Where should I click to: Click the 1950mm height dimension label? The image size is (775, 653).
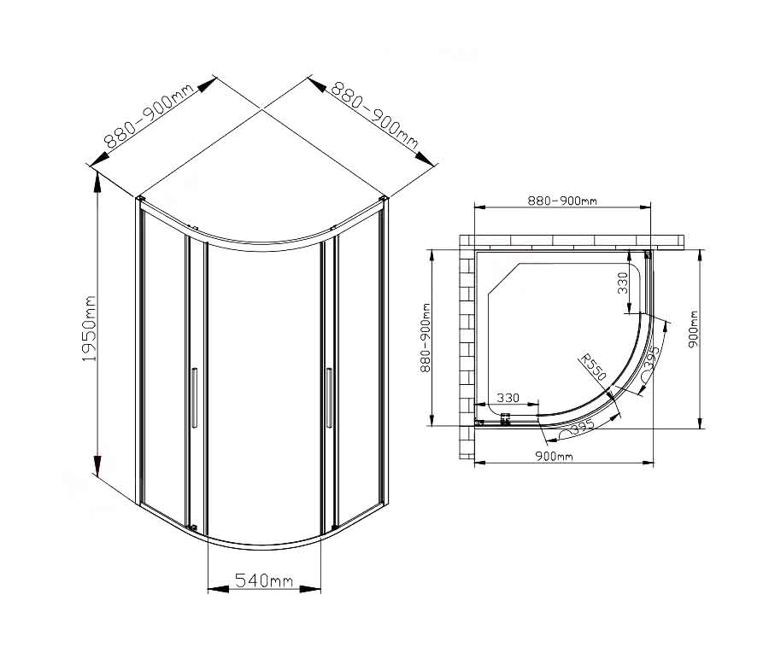tap(89, 329)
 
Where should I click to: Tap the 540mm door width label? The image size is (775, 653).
tap(264, 580)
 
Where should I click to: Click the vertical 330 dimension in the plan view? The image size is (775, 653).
tap(623, 283)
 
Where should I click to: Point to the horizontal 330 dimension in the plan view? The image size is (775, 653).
tap(508, 398)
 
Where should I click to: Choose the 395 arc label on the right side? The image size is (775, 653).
tap(652, 359)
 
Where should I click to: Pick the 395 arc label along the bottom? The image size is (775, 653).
tap(582, 427)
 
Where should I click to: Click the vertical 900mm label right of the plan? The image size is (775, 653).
tap(693, 329)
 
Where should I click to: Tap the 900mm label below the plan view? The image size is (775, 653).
tap(554, 456)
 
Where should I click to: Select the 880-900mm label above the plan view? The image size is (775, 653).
tap(562, 201)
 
